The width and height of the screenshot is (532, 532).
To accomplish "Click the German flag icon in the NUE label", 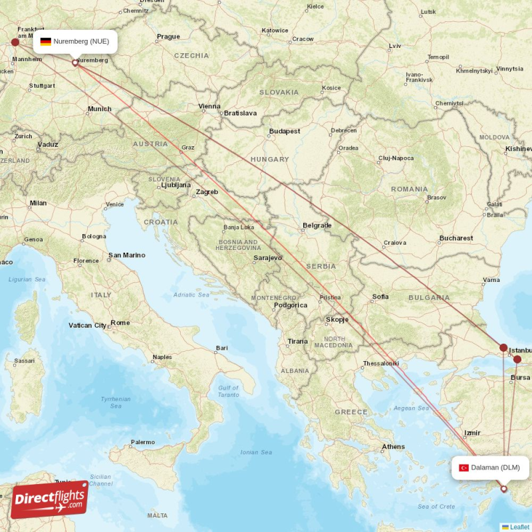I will click(46, 41).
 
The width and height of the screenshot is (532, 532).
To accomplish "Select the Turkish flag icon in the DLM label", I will click(464, 467).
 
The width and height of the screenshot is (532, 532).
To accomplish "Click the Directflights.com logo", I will click(49, 499).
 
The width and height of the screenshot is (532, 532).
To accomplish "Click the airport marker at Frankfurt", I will click(15, 43).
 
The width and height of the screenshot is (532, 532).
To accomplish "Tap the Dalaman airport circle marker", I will click(503, 489).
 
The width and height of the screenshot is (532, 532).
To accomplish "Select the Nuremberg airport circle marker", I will click(75, 63).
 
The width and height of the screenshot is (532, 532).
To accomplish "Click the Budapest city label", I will click(285, 131).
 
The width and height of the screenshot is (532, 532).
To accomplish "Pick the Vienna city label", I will click(209, 106).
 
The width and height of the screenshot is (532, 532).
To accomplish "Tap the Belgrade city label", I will click(317, 225).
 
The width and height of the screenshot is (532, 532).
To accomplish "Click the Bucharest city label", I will click(456, 238).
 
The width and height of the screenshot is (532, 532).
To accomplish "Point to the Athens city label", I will click(394, 446).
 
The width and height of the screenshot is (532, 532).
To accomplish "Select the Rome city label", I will click(120, 323).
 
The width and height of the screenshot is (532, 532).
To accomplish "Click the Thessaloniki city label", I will click(380, 363).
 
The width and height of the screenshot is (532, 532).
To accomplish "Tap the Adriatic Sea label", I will click(191, 295).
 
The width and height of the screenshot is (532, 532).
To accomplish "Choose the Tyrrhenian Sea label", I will click(116, 402).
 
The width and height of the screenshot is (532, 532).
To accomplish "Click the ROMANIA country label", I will click(410, 189).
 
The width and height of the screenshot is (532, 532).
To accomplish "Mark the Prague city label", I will click(168, 37).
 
